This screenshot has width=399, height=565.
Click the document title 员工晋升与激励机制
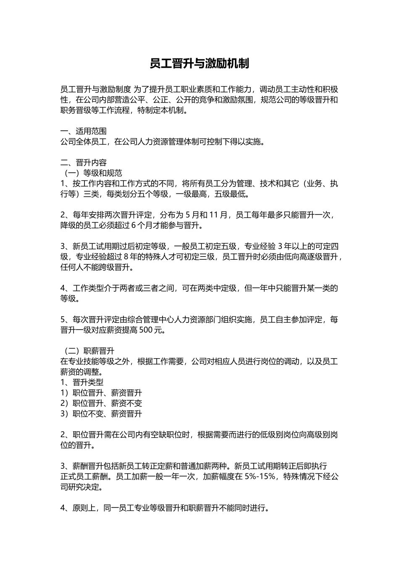199,63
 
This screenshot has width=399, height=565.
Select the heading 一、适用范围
84,131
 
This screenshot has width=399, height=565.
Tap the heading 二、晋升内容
84,163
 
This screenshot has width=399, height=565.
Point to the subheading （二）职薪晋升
87,351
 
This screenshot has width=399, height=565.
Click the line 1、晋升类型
82,383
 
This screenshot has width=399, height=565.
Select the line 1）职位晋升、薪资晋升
101,393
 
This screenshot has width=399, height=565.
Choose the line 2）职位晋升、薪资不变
101,404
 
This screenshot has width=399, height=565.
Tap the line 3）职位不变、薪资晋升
101,414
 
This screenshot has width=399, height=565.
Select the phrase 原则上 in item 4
84,508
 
